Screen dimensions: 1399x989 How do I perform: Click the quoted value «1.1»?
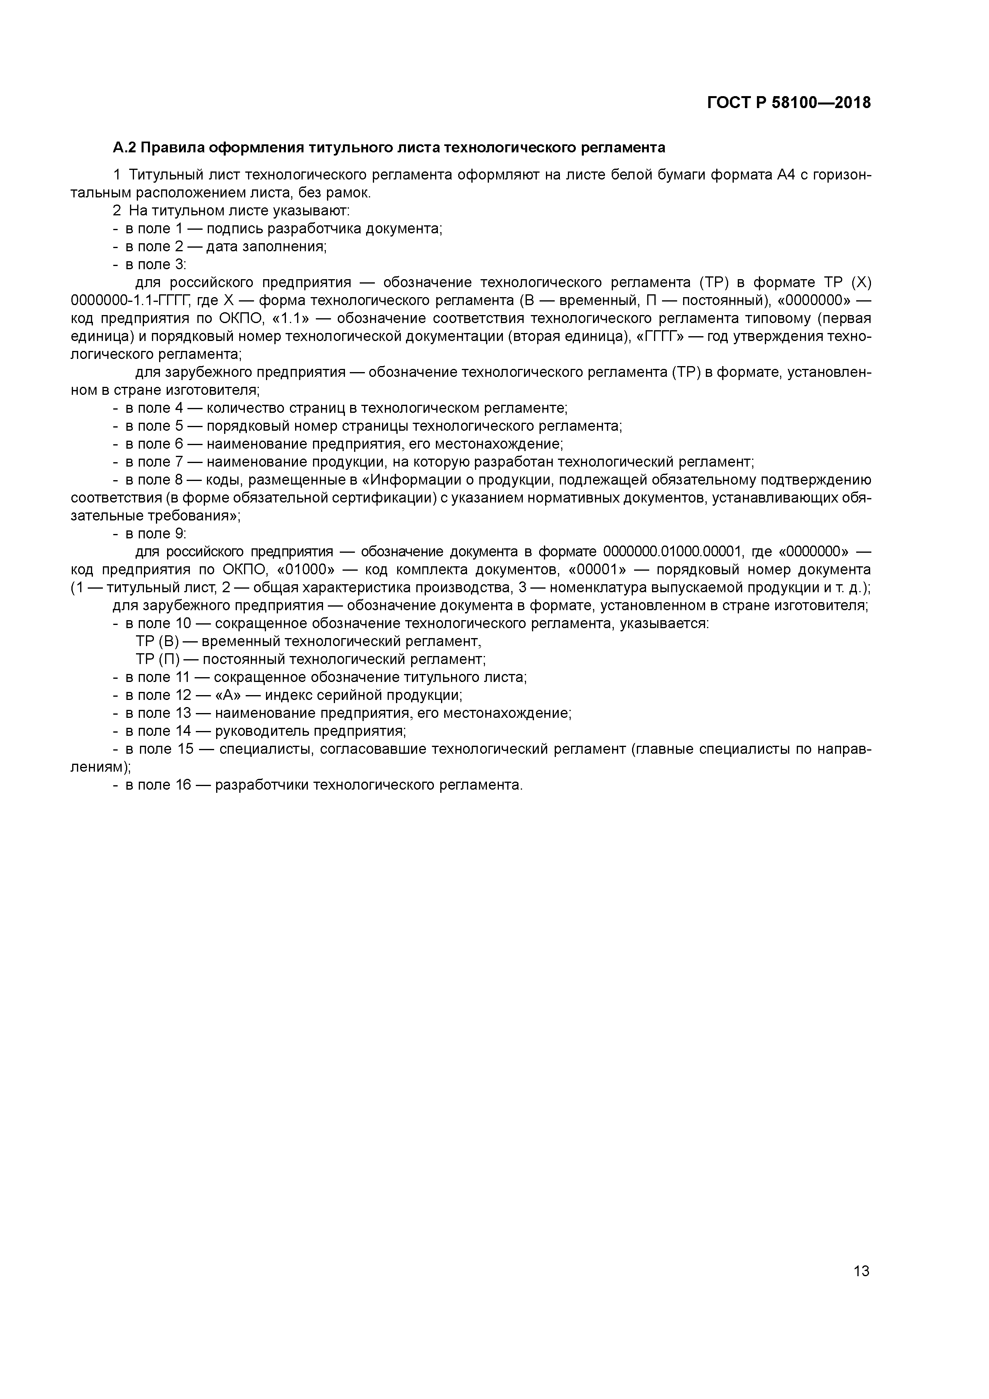(290, 319)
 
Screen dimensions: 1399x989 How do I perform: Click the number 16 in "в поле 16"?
(183, 785)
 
